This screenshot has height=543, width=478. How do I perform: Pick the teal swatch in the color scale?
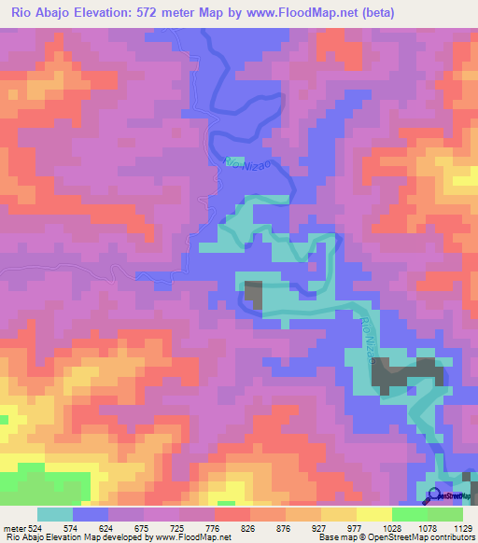click(55, 513)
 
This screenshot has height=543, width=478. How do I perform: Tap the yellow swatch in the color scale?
click(373, 513)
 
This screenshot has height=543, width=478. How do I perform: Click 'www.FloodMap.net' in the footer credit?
click(194, 536)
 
